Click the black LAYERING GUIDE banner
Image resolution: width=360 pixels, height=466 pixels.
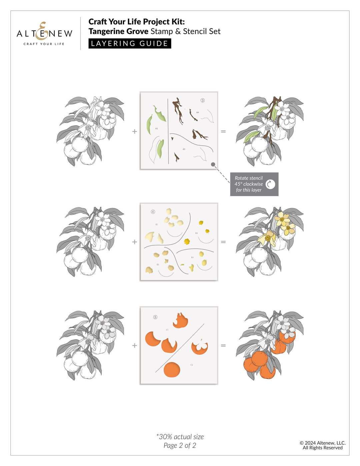click(x=130, y=44)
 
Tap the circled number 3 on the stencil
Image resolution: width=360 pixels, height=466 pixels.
click(x=203, y=100)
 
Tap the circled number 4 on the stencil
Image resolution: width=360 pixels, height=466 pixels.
click(x=153, y=212)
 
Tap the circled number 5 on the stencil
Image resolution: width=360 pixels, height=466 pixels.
click(x=155, y=317)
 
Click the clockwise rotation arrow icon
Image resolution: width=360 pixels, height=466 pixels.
click(x=270, y=184)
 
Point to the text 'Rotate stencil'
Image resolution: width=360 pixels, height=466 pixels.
click(x=249, y=178)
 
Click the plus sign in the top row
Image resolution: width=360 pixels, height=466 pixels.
click(x=135, y=131)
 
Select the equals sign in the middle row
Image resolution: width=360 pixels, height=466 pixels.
click(x=223, y=242)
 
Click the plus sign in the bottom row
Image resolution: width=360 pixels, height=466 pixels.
click(x=135, y=346)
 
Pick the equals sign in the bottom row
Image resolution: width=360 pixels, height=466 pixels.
click(x=223, y=346)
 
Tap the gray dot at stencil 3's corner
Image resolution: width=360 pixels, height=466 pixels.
click(x=213, y=164)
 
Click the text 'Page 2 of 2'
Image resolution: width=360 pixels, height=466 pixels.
click(x=180, y=446)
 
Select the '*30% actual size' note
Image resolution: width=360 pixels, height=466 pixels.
click(x=180, y=437)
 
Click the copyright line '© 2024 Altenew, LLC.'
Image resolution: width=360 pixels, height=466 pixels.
click(x=322, y=443)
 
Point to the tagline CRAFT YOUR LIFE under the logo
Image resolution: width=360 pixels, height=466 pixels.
click(x=44, y=44)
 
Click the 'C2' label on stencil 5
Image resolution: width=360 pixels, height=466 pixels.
click(x=192, y=365)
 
